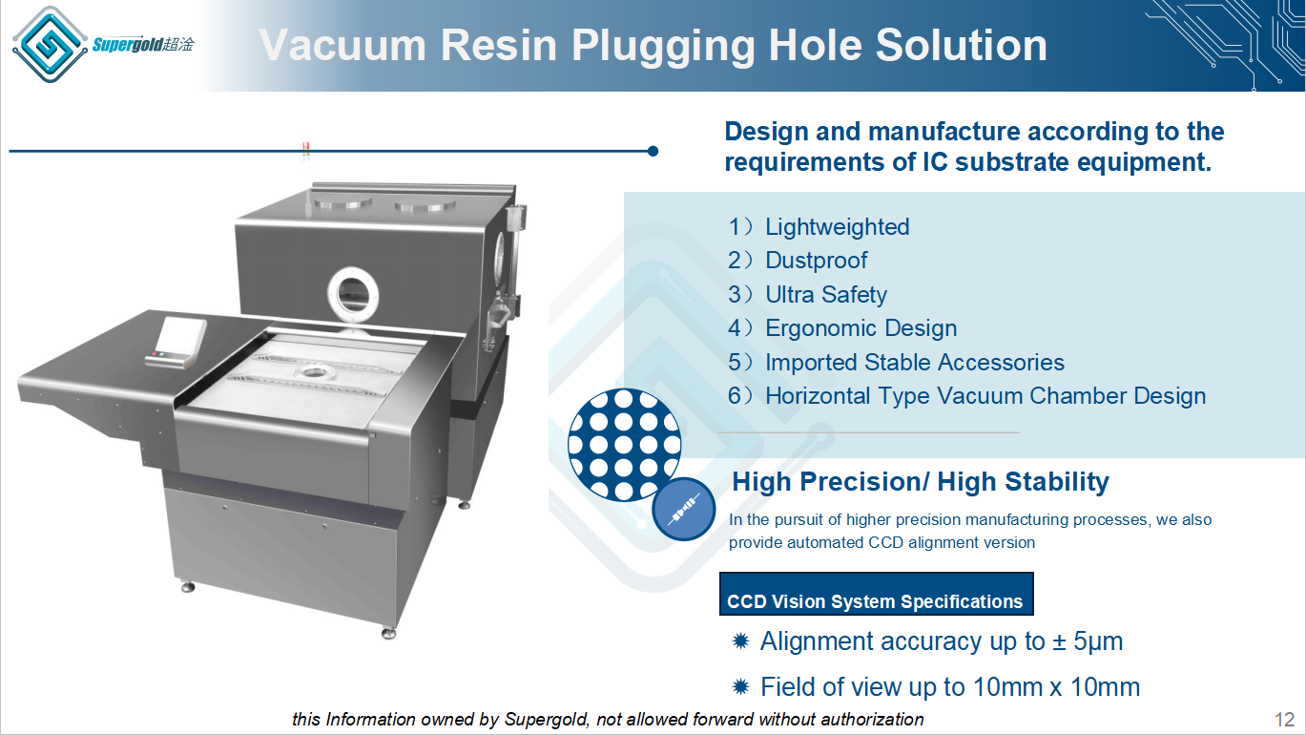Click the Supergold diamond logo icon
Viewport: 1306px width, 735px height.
pyautogui.click(x=50, y=44)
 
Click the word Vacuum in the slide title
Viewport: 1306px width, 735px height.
pyautogui.click(x=342, y=45)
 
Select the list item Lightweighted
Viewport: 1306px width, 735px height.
pyautogui.click(x=838, y=227)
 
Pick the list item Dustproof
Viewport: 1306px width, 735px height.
pyautogui.click(x=817, y=261)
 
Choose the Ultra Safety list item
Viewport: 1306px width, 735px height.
pyautogui.click(x=826, y=295)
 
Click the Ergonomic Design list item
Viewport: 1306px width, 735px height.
pyautogui.click(x=861, y=327)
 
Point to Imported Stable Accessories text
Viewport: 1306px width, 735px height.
pyautogui.click(x=915, y=363)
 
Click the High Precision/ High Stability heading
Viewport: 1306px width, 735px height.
pyautogui.click(x=921, y=482)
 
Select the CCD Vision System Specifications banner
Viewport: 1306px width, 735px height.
pyautogui.click(x=877, y=594)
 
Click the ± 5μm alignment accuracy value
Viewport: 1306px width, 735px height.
pyautogui.click(x=1088, y=641)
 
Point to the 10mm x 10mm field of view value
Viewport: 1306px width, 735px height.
pyautogui.click(x=1056, y=686)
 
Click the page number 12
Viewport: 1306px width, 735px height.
pyautogui.click(x=1285, y=720)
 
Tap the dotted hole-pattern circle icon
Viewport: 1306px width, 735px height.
pyautogui.click(x=625, y=445)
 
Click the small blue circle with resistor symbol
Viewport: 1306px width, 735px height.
pyautogui.click(x=684, y=510)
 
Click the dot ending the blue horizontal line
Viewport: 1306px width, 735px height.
pyautogui.click(x=653, y=151)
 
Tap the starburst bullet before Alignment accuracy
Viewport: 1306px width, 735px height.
pyautogui.click(x=740, y=641)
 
